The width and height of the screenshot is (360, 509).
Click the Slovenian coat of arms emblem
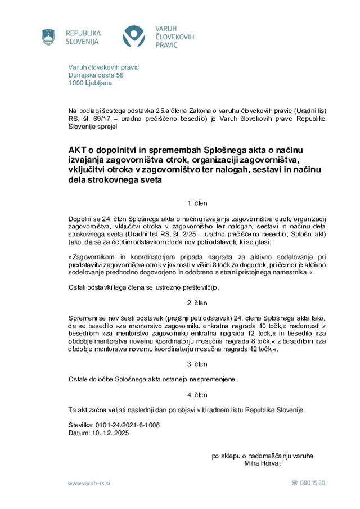tap(48, 37)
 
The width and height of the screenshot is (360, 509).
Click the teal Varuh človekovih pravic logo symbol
tap(134, 37)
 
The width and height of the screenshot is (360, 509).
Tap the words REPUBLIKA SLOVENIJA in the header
tap(83, 37)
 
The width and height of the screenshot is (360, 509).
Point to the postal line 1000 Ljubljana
tap(90, 83)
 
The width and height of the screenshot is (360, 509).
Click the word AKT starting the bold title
tap(78, 150)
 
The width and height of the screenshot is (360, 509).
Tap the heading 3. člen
tap(197, 364)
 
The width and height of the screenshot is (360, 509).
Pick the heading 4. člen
tap(197, 395)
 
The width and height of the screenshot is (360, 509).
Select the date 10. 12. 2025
tap(107, 433)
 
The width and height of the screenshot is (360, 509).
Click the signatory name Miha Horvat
tap(262, 463)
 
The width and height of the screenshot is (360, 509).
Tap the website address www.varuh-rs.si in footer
tap(89, 483)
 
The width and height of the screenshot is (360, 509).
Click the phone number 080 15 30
tap(313, 483)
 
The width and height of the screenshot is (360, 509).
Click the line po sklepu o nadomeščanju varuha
tap(262, 456)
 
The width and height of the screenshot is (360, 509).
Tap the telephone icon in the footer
tap(295, 483)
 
